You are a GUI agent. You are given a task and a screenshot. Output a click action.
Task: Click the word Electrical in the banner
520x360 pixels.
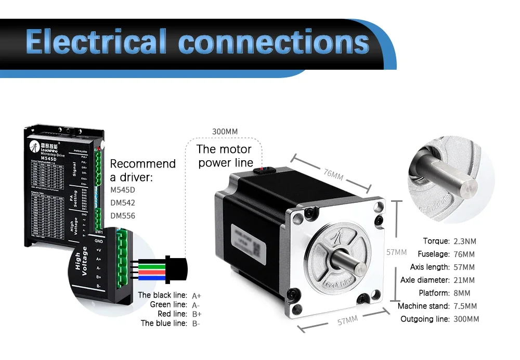click(96, 42)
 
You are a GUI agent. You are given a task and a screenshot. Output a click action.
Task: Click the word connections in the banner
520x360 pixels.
click(274, 42)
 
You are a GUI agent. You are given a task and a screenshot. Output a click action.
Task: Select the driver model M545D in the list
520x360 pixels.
click(123, 189)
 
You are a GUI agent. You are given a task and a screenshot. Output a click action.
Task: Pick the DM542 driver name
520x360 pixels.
click(123, 202)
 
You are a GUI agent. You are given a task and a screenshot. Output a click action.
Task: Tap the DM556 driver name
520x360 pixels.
click(123, 216)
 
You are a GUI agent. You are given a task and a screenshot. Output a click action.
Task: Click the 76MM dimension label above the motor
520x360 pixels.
click(333, 174)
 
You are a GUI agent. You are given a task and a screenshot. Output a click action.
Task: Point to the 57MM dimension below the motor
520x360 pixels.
click(347, 321)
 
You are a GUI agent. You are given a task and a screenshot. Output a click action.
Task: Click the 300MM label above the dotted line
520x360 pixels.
click(225, 132)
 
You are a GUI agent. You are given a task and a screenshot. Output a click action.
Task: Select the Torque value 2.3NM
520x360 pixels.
click(464, 241)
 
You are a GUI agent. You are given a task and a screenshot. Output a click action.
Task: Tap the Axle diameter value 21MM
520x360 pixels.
click(464, 280)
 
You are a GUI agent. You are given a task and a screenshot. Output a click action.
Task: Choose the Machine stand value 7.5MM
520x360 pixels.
click(466, 306)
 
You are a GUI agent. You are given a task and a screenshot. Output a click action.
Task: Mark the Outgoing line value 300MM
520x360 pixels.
click(466, 319)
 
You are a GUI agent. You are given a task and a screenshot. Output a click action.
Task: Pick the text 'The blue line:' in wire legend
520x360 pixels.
click(163, 324)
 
